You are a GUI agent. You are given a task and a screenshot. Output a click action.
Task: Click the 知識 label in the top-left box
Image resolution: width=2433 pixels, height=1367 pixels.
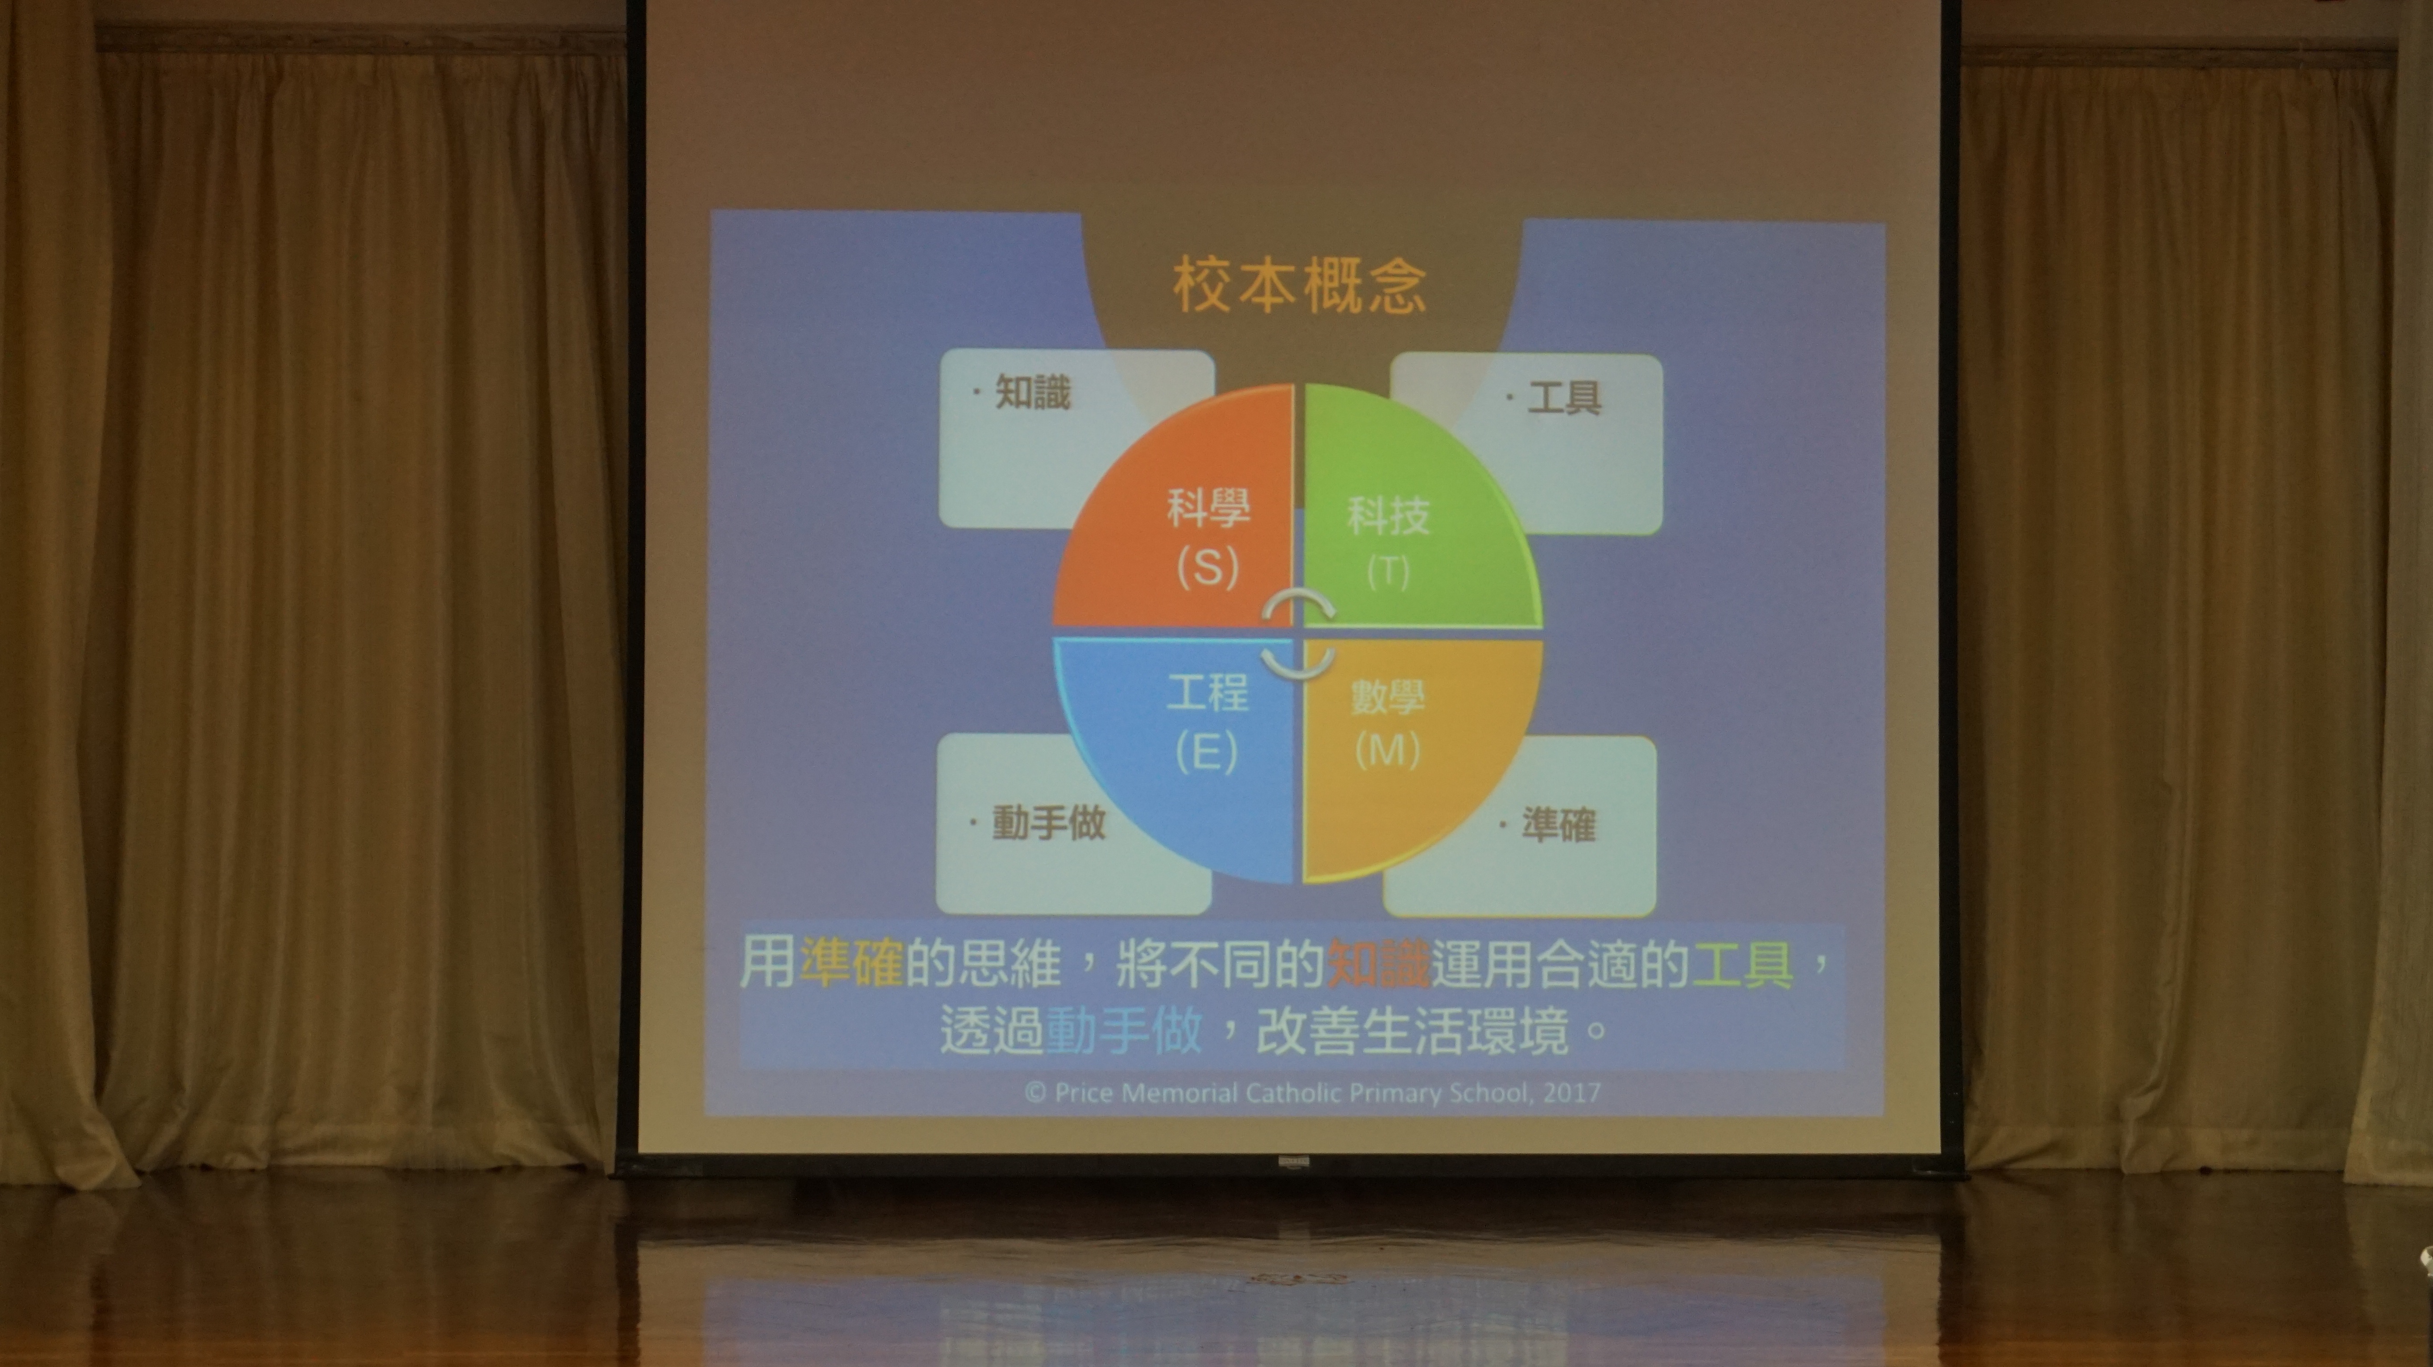pyautogui.click(x=1032, y=392)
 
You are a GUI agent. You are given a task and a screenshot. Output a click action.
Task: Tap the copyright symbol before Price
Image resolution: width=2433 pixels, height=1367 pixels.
pyautogui.click(x=1035, y=1093)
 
